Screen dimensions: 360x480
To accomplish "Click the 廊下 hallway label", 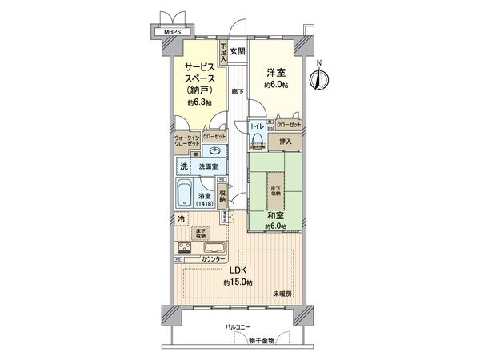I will click(238, 91).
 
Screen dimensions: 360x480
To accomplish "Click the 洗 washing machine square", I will click(184, 166).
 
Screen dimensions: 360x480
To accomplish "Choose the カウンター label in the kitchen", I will click(212, 260).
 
